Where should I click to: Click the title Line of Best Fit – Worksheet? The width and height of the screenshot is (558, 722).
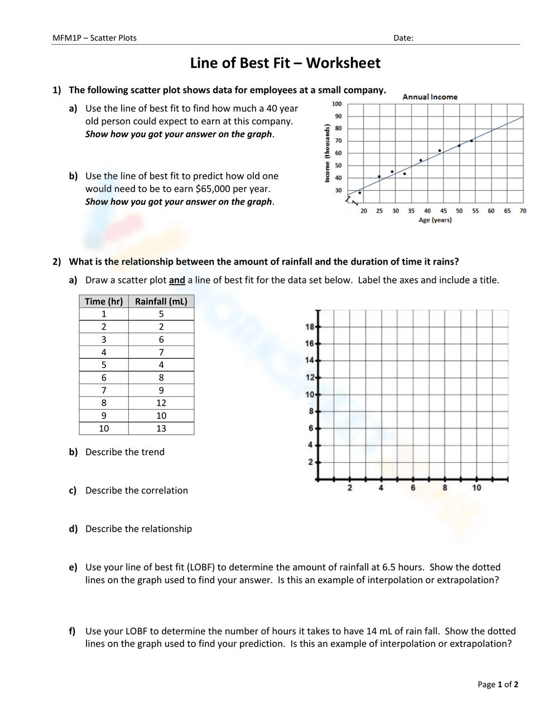point(285,63)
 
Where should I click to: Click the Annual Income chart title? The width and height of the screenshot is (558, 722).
point(430,97)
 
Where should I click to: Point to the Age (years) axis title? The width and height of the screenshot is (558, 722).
point(435,220)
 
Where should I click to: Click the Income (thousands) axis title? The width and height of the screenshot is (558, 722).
point(327,153)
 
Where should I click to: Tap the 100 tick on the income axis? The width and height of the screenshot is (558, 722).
point(336,104)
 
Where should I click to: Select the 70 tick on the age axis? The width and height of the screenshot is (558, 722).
point(523,211)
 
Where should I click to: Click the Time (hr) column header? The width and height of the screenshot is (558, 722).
point(104,301)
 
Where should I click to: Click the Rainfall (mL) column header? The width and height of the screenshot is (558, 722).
point(161,301)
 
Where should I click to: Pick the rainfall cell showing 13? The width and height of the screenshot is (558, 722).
point(161,429)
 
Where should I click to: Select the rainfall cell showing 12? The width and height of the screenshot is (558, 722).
point(161,403)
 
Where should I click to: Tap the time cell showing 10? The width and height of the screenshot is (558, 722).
point(104,429)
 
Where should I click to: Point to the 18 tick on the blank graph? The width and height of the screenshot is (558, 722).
point(310,326)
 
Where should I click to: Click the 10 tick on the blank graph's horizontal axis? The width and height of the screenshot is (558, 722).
point(477,488)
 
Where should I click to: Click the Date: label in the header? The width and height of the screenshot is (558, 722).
point(403,38)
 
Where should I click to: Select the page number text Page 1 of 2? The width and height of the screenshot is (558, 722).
point(498,685)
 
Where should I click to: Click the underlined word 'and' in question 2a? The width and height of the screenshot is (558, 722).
point(177,280)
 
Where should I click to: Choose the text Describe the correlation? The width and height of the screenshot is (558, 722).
point(137,490)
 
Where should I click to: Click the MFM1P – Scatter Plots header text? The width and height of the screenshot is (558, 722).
point(94,38)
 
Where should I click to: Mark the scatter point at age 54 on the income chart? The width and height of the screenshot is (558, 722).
point(472,141)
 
